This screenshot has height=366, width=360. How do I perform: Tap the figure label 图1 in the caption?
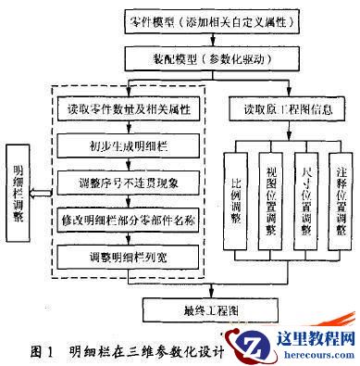pos(41,351)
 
